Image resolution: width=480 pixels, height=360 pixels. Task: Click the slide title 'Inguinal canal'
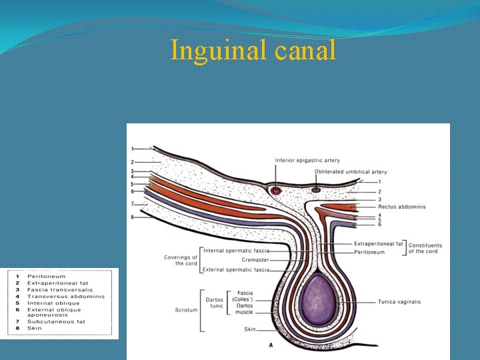(x=253, y=51)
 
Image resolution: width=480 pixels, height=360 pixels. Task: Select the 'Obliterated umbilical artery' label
(x=351, y=172)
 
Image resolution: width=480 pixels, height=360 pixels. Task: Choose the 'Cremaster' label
(x=255, y=260)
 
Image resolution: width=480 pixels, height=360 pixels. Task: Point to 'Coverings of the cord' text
(x=181, y=260)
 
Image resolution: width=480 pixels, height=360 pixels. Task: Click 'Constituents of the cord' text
(x=425, y=248)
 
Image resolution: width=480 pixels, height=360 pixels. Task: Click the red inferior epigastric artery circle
(x=277, y=191)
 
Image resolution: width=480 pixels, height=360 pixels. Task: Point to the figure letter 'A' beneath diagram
(x=271, y=345)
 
